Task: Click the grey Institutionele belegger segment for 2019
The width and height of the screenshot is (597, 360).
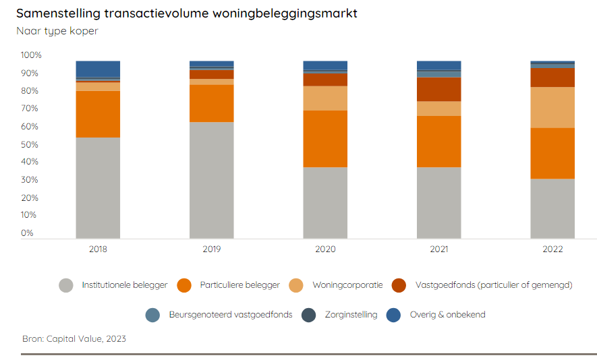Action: (211, 180)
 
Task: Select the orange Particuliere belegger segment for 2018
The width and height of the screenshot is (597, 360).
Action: (98, 114)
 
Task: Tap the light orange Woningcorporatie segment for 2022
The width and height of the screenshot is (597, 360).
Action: (552, 107)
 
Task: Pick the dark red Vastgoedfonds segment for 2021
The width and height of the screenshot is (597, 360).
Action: (438, 89)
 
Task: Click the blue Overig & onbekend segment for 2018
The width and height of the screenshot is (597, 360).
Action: (98, 69)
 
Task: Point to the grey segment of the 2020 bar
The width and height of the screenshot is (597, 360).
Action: (325, 202)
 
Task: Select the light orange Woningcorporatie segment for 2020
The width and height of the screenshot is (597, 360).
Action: (325, 98)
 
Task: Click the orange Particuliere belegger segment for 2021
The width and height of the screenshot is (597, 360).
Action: (438, 142)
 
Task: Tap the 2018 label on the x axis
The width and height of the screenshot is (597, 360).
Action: (98, 249)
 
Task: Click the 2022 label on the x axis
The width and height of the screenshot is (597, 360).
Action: (552, 249)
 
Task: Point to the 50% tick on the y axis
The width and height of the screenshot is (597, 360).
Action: (31, 144)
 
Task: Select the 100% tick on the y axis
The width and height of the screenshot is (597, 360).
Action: (31, 55)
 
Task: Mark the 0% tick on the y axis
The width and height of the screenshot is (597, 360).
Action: (27, 233)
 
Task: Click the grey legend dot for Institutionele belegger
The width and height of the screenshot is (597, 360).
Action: (66, 285)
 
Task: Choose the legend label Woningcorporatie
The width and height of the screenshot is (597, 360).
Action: (347, 285)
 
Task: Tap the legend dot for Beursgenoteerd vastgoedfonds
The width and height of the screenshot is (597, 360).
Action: (152, 315)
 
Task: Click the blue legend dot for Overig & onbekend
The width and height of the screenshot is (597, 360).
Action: (394, 315)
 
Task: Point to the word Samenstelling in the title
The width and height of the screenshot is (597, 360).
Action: (58, 13)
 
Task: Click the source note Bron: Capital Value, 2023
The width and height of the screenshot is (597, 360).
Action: (74, 338)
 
